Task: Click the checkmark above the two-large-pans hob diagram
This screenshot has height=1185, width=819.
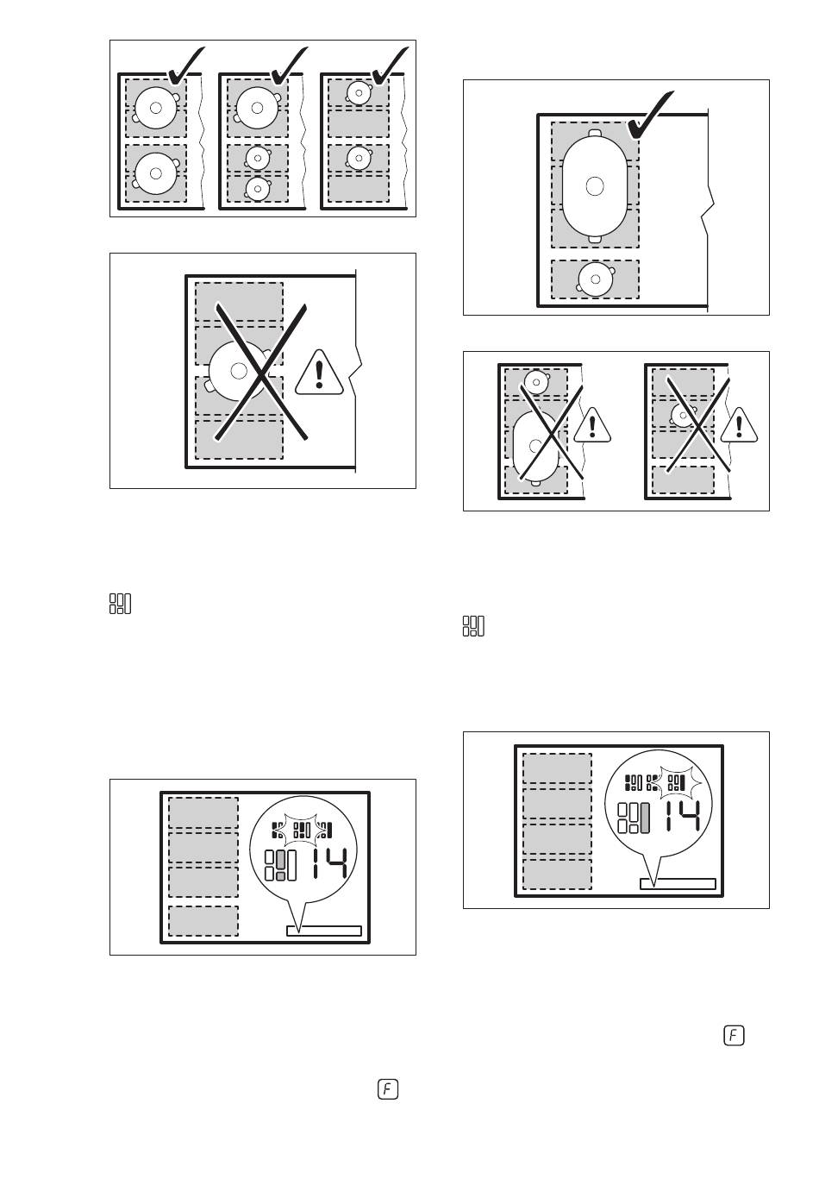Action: tap(184, 66)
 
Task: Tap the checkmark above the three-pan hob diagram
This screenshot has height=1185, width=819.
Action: tap(287, 66)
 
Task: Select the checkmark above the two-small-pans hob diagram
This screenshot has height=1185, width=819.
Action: tap(389, 66)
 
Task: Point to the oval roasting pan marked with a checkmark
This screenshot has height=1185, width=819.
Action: tap(594, 185)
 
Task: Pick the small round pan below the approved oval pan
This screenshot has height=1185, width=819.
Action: tap(595, 279)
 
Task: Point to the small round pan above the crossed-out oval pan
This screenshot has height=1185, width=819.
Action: tap(537, 380)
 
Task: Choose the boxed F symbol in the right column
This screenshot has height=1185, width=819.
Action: tap(734, 1035)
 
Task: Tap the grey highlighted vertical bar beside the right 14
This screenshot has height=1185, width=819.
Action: tap(644, 817)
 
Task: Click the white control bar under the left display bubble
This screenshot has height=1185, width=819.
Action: tap(323, 931)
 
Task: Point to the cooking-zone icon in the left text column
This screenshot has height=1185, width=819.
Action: tap(120, 604)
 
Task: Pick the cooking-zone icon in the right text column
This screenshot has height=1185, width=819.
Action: tap(473, 626)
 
